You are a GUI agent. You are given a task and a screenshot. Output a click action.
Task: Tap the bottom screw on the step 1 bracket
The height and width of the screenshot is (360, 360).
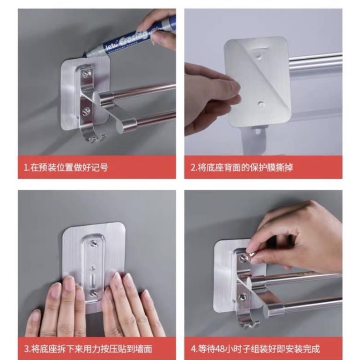[x=86, y=111]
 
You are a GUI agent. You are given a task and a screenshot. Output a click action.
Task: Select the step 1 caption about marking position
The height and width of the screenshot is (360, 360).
[x=66, y=167]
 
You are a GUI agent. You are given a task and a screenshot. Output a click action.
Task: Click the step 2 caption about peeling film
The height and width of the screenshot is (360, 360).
[x=242, y=167]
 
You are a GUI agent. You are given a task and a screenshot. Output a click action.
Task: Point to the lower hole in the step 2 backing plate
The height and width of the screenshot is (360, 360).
[x=260, y=104]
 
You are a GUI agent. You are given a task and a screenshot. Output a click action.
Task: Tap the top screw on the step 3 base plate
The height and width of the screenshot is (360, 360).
[x=93, y=243]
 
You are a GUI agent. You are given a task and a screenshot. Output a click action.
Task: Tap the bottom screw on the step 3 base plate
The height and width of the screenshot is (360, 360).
[x=93, y=293]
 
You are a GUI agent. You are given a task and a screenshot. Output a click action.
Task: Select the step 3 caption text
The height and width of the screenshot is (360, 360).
[x=88, y=349]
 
